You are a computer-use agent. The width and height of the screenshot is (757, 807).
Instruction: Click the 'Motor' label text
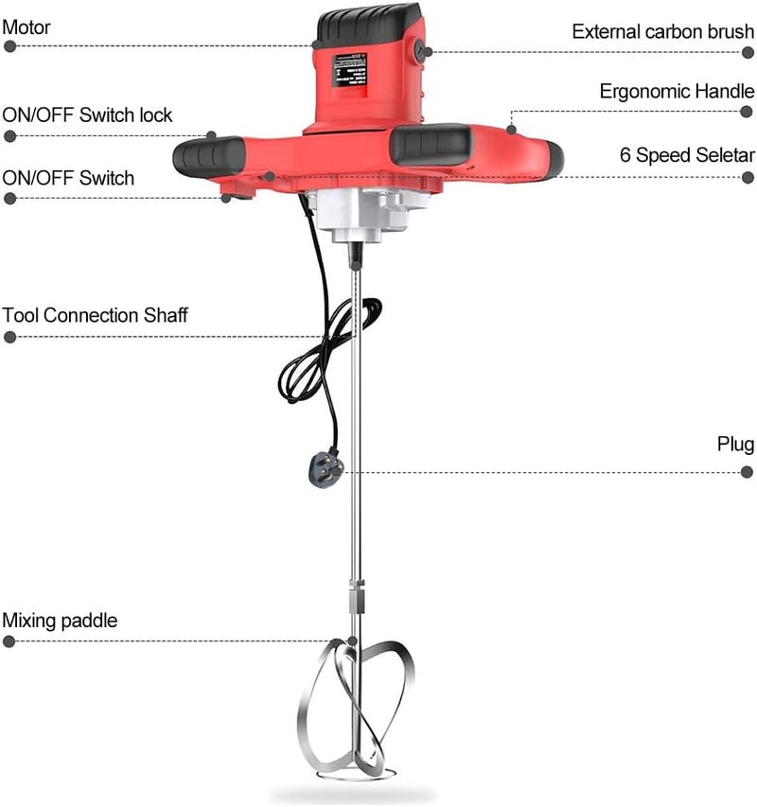[x=26, y=27]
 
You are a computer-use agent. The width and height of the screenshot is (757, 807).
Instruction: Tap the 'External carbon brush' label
[x=662, y=31]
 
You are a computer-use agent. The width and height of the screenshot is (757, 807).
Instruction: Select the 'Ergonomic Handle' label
[x=677, y=92]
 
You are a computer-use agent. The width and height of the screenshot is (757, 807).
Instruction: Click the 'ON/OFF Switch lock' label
[x=87, y=115]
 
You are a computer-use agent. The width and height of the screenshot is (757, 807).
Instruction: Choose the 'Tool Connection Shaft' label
[x=95, y=315]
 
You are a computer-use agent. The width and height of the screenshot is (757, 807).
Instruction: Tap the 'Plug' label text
[x=735, y=444]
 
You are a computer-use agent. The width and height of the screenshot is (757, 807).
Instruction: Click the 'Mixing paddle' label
[x=60, y=621]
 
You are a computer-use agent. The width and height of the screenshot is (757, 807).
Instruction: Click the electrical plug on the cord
[x=322, y=468]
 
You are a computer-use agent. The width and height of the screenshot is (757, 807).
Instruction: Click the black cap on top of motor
[x=368, y=23]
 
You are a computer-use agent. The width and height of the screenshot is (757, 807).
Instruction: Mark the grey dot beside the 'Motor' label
[x=9, y=46]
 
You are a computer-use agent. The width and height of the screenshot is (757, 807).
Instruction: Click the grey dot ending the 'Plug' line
[x=748, y=471]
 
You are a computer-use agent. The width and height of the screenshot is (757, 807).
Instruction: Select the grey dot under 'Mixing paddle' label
[x=9, y=640]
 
